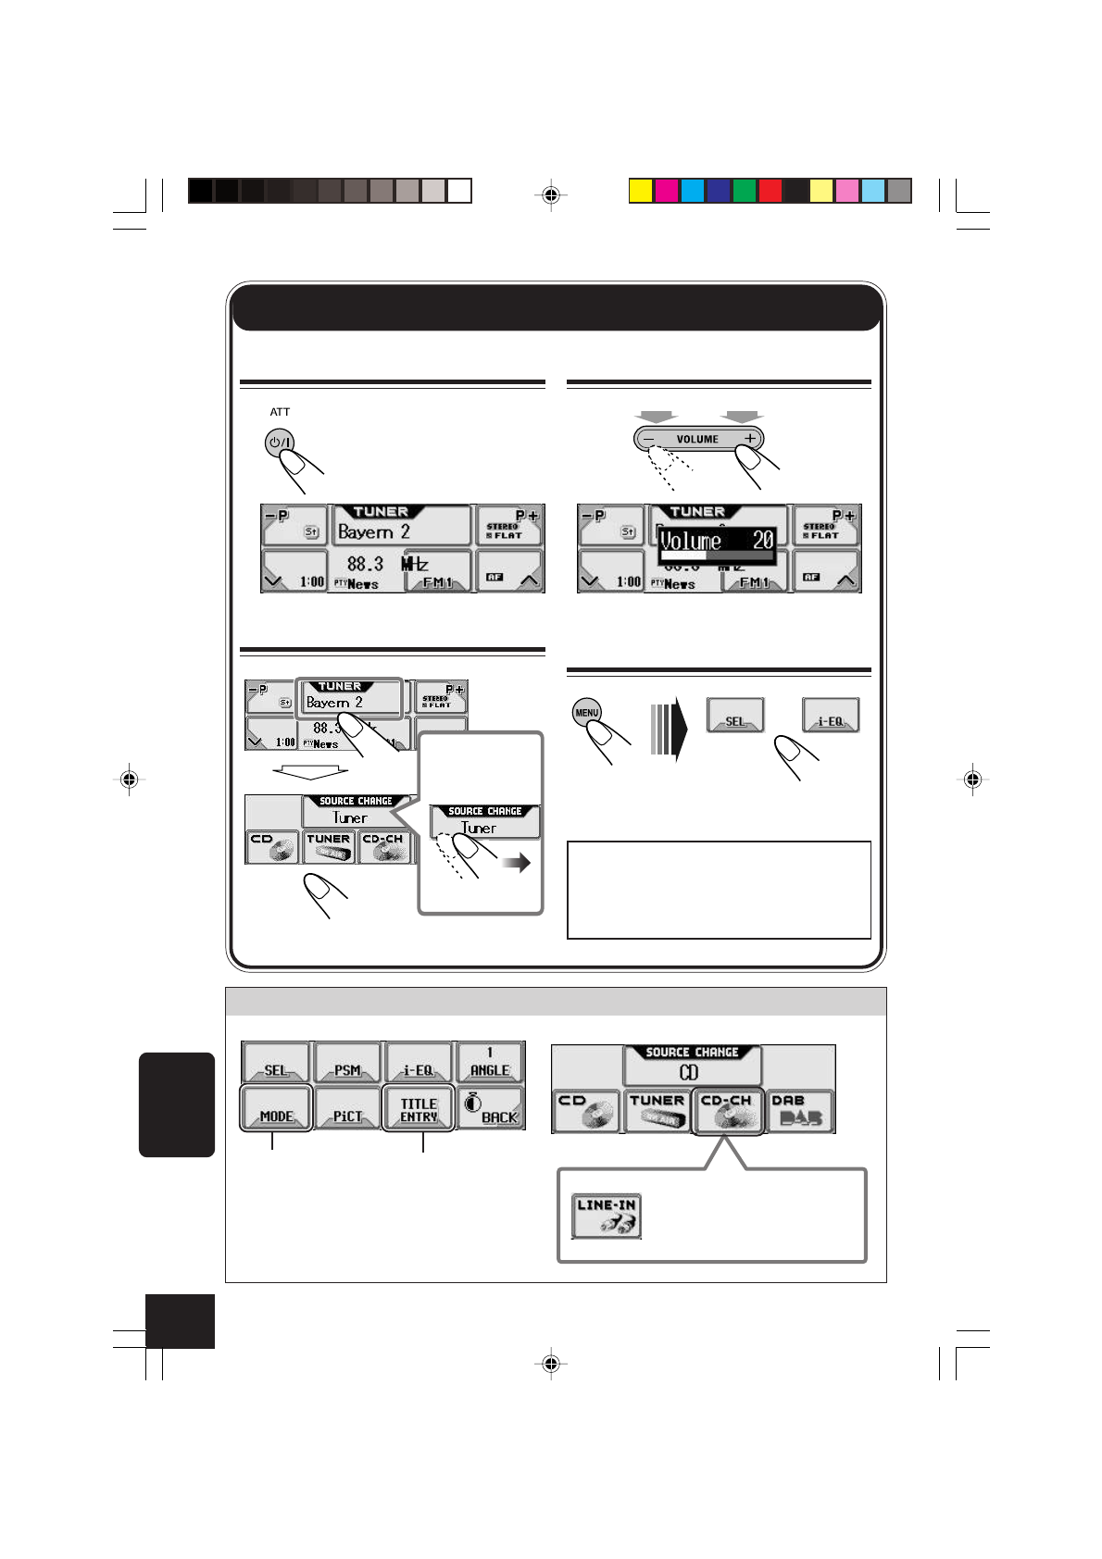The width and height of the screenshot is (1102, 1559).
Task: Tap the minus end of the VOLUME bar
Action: pos(650,439)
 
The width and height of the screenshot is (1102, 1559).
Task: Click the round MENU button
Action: pos(586,712)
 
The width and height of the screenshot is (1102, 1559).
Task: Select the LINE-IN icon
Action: pos(607,1216)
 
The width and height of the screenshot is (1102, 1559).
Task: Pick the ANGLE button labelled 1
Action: pos(490,1062)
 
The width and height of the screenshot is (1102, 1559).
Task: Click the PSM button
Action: pos(347,1062)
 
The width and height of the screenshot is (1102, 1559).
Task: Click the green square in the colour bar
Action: pos(745,191)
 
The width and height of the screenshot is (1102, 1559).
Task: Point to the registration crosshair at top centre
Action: pos(551,195)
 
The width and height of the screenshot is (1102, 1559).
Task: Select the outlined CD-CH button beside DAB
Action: pos(728,1111)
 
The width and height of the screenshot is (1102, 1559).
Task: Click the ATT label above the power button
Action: pos(280,412)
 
